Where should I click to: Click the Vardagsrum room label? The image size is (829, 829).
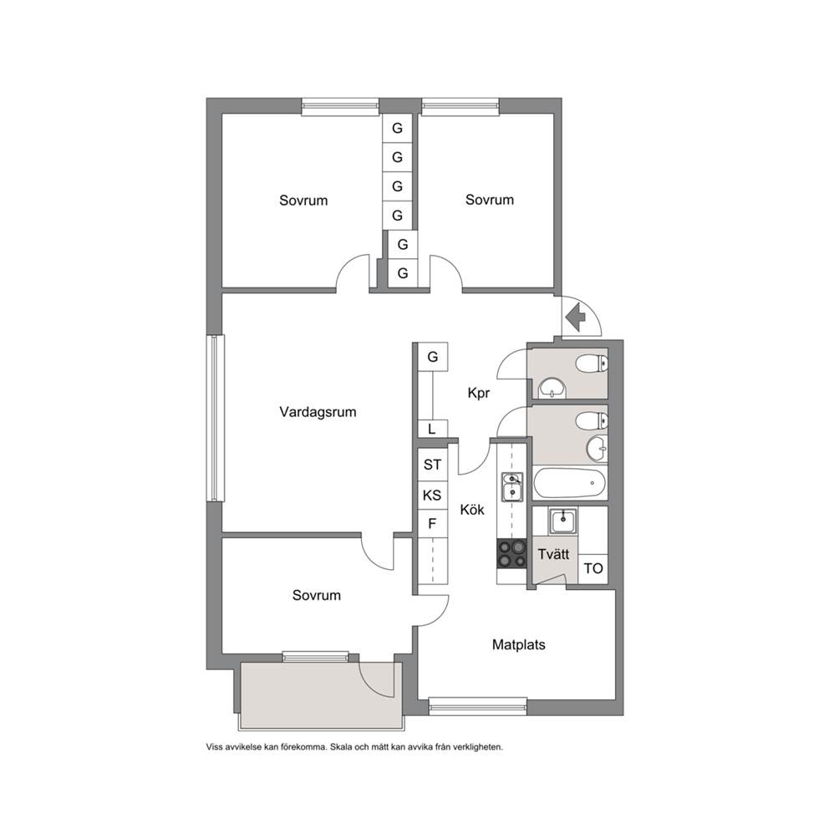tap(318, 412)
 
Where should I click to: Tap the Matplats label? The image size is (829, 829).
tap(519, 644)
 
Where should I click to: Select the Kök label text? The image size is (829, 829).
tap(472, 510)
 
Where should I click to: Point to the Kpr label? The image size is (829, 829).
tap(479, 394)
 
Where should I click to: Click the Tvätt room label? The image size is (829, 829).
tap(553, 554)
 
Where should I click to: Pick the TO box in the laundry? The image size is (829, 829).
tap(593, 569)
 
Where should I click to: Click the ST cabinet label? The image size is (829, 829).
tap(433, 465)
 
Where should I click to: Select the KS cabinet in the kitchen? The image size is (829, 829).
tap(433, 496)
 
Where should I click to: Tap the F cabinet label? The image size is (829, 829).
tap(432, 524)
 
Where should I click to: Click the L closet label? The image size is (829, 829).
tap(432, 430)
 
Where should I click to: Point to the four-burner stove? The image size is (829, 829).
tap(511, 553)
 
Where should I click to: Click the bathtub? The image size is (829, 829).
tap(570, 483)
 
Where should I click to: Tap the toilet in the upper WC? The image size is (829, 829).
tap(592, 364)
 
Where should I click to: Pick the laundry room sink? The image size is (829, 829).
tap(563, 521)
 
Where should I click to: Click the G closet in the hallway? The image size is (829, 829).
tap(433, 357)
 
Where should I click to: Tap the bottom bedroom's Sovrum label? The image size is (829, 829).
tap(316, 595)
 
